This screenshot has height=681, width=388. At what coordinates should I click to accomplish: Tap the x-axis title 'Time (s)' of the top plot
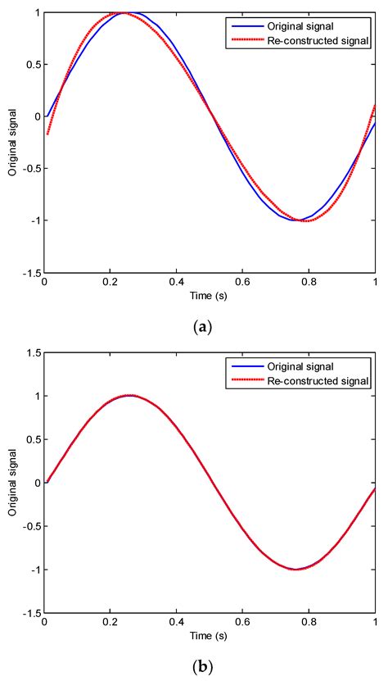click(x=210, y=295)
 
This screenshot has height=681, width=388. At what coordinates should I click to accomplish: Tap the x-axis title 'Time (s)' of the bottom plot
click(x=210, y=634)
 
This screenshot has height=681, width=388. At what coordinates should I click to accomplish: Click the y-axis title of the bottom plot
click(x=12, y=482)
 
